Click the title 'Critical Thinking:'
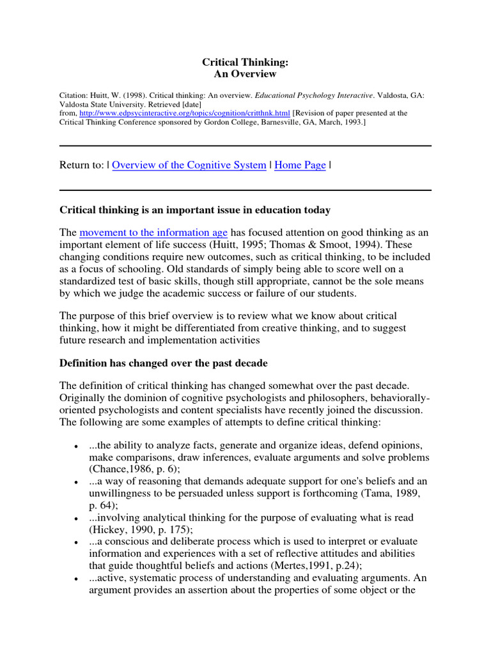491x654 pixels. (245, 62)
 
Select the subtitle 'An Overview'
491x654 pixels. (245, 74)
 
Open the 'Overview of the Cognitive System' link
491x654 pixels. (189, 165)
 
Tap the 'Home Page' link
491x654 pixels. (300, 165)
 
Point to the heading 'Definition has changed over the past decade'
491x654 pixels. (164, 363)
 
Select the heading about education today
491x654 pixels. (195, 210)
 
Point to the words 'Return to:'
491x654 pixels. (81, 165)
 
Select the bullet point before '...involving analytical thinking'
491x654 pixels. (77, 518)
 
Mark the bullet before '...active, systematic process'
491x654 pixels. (77, 578)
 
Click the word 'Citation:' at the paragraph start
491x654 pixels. (76, 95)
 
